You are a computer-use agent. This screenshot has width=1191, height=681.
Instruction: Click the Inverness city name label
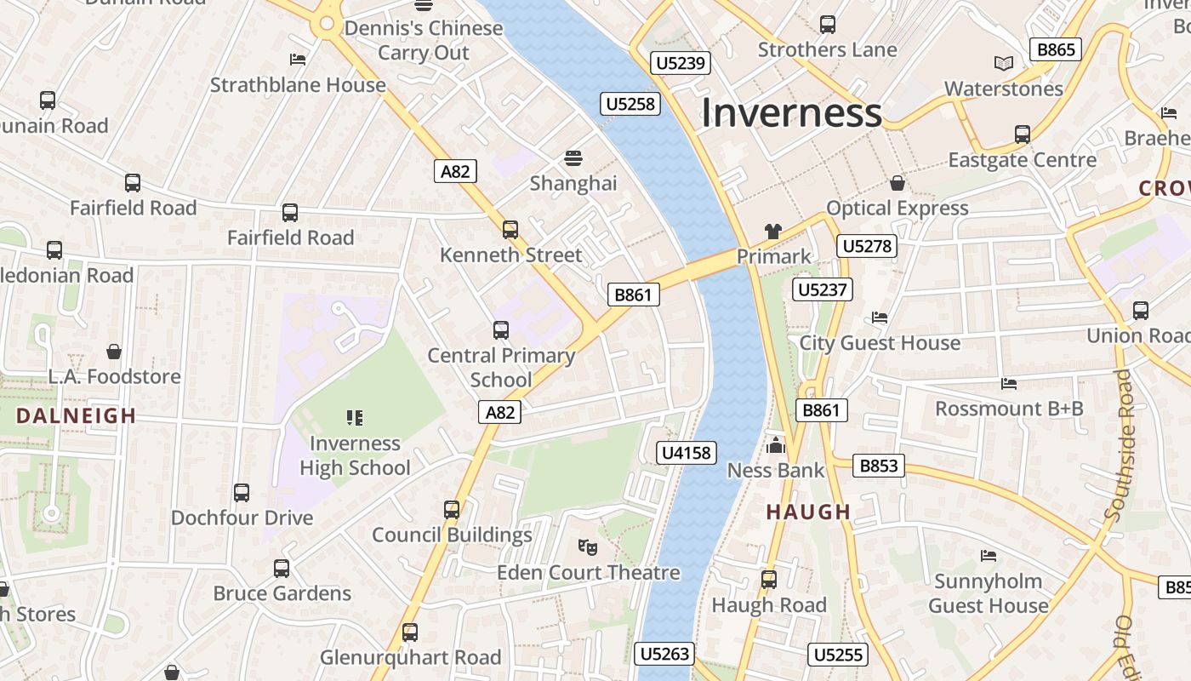[791, 113]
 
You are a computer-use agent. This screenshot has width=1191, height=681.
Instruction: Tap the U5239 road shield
[681, 62]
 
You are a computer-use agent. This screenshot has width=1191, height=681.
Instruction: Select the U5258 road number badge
[630, 104]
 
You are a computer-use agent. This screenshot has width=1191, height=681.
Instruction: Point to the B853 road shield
[879, 466]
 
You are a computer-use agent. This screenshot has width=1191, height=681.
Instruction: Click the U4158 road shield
[687, 453]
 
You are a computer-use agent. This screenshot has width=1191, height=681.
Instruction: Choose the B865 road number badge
[1056, 49]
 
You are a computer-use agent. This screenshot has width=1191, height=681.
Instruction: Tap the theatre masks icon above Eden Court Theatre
[586, 547]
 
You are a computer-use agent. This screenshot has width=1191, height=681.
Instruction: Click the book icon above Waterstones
[1004, 63]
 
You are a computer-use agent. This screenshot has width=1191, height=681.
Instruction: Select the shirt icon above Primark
[772, 231]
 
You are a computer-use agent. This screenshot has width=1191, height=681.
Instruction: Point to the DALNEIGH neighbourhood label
[77, 415]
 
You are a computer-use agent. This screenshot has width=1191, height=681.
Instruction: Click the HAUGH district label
[808, 512]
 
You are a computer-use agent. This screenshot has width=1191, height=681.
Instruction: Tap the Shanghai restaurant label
[573, 183]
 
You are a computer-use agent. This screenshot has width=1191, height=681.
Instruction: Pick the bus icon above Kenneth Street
[510, 229]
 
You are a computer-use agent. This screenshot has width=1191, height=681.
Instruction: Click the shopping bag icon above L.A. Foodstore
[113, 352]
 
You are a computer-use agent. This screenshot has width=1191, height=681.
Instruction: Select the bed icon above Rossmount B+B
[1009, 384]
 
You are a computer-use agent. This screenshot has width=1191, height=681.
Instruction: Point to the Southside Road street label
[1125, 445]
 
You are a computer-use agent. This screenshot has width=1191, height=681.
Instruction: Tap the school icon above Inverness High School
[355, 417]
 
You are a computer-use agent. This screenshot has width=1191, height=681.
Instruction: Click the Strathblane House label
[298, 85]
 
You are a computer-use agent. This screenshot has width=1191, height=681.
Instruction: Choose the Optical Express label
[898, 209]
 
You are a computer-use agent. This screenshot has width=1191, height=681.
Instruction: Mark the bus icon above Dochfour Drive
[242, 492]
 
